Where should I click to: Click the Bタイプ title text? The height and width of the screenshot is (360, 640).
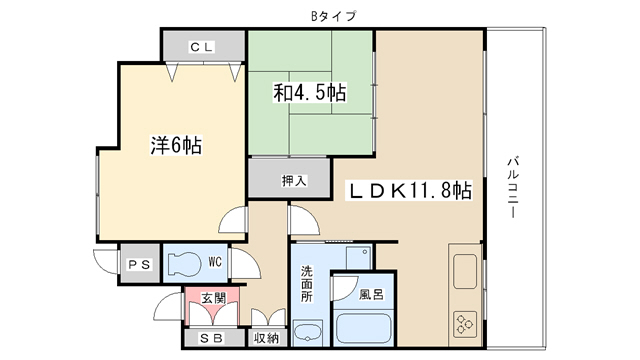coord(333,16)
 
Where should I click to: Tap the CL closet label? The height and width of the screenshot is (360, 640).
coord(202,47)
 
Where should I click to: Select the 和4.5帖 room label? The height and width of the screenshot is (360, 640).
coord(310,93)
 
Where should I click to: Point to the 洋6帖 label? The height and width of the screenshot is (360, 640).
coord(176,145)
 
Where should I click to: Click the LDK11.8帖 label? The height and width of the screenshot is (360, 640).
coord(410,191)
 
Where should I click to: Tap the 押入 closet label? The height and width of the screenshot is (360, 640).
coord(294,180)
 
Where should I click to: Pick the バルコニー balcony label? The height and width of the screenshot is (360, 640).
coord(513,187)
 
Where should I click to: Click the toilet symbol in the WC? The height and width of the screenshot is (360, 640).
coord(184,264)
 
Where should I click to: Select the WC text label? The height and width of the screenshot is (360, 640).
coord(215,262)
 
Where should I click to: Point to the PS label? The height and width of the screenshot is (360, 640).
coord(140,264)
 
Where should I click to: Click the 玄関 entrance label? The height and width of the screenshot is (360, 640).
coord(213,298)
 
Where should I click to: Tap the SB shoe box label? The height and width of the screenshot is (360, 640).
coord(212,338)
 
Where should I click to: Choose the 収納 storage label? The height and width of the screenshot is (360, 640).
coord(267,338)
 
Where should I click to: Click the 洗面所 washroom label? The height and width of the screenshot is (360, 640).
coord(307,284)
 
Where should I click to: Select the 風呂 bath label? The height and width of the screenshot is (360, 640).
coord(371,294)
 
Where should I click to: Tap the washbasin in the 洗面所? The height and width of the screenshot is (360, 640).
coord(308,333)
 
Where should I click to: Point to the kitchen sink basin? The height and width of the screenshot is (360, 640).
coord(465,271)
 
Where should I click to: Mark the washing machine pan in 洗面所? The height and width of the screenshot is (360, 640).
coord(359,258)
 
